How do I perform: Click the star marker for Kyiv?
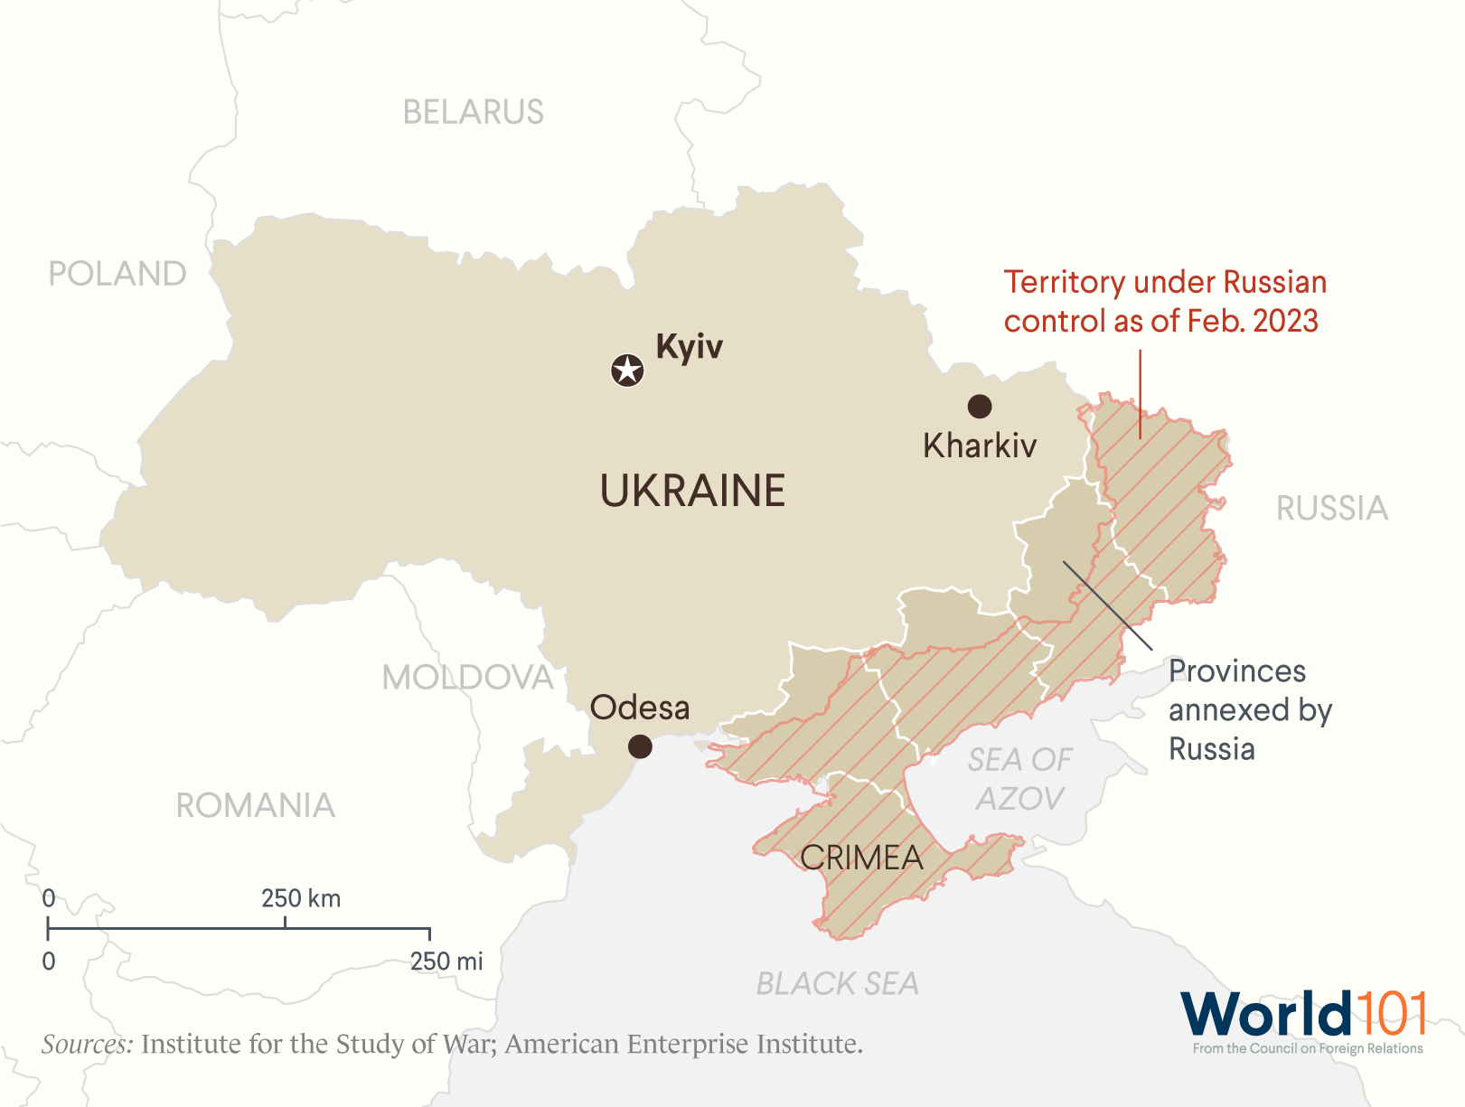[627, 370]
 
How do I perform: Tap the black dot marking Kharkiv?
[980, 407]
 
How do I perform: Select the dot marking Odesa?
[640, 746]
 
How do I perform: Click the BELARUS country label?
[473, 112]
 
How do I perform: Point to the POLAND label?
[117, 274]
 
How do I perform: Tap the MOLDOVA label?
[467, 678]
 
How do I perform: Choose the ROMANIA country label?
[255, 805]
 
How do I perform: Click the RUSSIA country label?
[1331, 509]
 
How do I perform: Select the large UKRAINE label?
[692, 491]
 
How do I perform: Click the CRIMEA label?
[861, 858]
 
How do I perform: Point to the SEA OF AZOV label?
[1019, 779]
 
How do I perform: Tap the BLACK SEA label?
[837, 983]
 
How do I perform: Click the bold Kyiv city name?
[690, 347]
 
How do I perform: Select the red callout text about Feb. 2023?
[1164, 302]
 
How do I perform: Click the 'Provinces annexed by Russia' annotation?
[1249, 710]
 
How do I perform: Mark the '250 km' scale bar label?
[301, 898]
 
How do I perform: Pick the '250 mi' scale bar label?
[446, 962]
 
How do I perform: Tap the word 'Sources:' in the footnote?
[87, 1045]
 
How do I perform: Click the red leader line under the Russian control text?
[1140, 395]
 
